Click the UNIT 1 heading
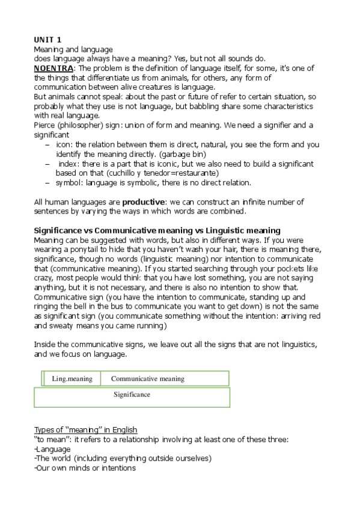(48, 40)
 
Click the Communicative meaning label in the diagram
(147, 379)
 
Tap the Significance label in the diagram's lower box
(132, 395)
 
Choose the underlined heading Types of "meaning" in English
(85, 430)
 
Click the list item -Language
(52, 449)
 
